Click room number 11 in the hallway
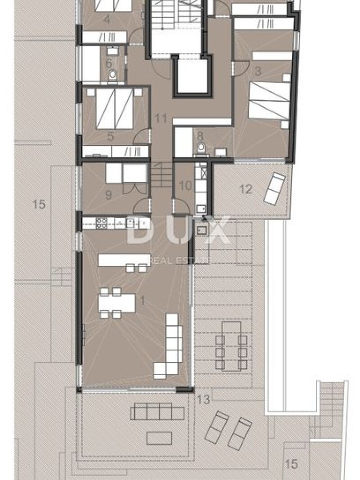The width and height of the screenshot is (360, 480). point(161,118)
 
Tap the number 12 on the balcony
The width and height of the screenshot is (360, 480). point(246,189)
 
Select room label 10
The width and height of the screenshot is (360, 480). point(185,185)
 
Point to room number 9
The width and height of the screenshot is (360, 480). point(108,195)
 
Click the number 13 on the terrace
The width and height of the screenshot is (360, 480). point(203,399)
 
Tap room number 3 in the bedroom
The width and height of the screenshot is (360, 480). point(258,72)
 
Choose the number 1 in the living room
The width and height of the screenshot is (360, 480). point(142,301)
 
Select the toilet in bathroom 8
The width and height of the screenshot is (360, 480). point(201,148)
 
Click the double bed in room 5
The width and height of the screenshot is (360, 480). point(115,109)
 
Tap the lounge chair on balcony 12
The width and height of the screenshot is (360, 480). point(274,188)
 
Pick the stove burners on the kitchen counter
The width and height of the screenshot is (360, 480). point(102,223)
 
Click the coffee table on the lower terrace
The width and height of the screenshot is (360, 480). point(159,438)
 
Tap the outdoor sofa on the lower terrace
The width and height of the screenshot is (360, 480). point(157,412)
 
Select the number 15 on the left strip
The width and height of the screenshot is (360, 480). point(39,204)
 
